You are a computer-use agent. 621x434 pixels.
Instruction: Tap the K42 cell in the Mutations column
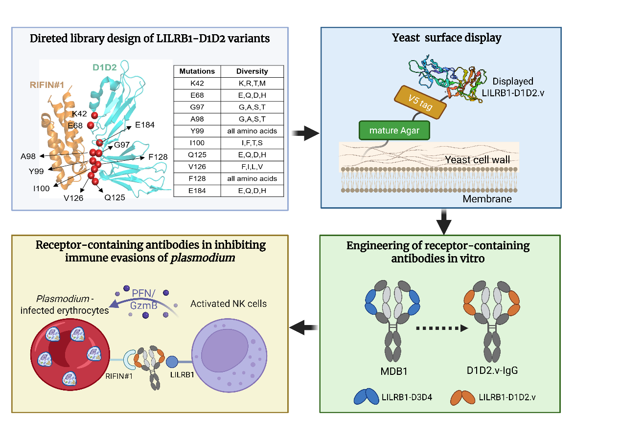[197, 83]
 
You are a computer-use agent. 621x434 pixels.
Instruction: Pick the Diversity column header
[252, 71]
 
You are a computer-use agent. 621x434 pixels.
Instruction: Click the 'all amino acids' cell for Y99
[252, 131]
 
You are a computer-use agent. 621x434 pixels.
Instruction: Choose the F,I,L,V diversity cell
[252, 167]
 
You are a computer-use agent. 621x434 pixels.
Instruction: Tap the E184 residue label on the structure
[144, 125]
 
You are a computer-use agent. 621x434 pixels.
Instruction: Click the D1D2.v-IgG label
[491, 370]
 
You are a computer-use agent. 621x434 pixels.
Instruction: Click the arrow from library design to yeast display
[304, 133]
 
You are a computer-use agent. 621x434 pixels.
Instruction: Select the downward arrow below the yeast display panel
[443, 221]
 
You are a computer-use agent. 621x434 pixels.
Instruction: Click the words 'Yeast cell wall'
[477, 160]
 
